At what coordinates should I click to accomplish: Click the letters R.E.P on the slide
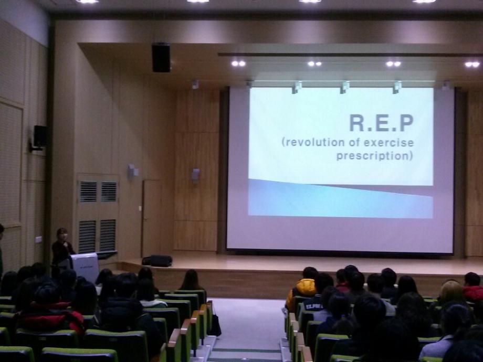pos(381,123)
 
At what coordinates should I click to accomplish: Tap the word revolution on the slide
pos(313,142)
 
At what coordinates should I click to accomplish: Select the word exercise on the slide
pos(389,142)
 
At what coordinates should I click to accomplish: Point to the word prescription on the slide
pos(373,155)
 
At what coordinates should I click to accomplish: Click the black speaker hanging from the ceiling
pos(161,58)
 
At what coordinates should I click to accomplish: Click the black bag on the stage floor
pos(157,261)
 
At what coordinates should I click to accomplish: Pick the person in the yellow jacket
pos(301,290)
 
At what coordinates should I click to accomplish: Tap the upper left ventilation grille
pos(88,191)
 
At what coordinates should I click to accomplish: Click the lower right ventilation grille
pos(108,235)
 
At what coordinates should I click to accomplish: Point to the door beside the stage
pos(152,218)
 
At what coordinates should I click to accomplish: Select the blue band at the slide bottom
pos(340,199)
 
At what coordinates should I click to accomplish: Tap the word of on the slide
pos(354,142)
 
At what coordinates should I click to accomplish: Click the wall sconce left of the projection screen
pos(195,175)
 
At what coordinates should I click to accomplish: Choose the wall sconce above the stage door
pos(133,171)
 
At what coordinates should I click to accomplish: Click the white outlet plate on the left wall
pos(38,239)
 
